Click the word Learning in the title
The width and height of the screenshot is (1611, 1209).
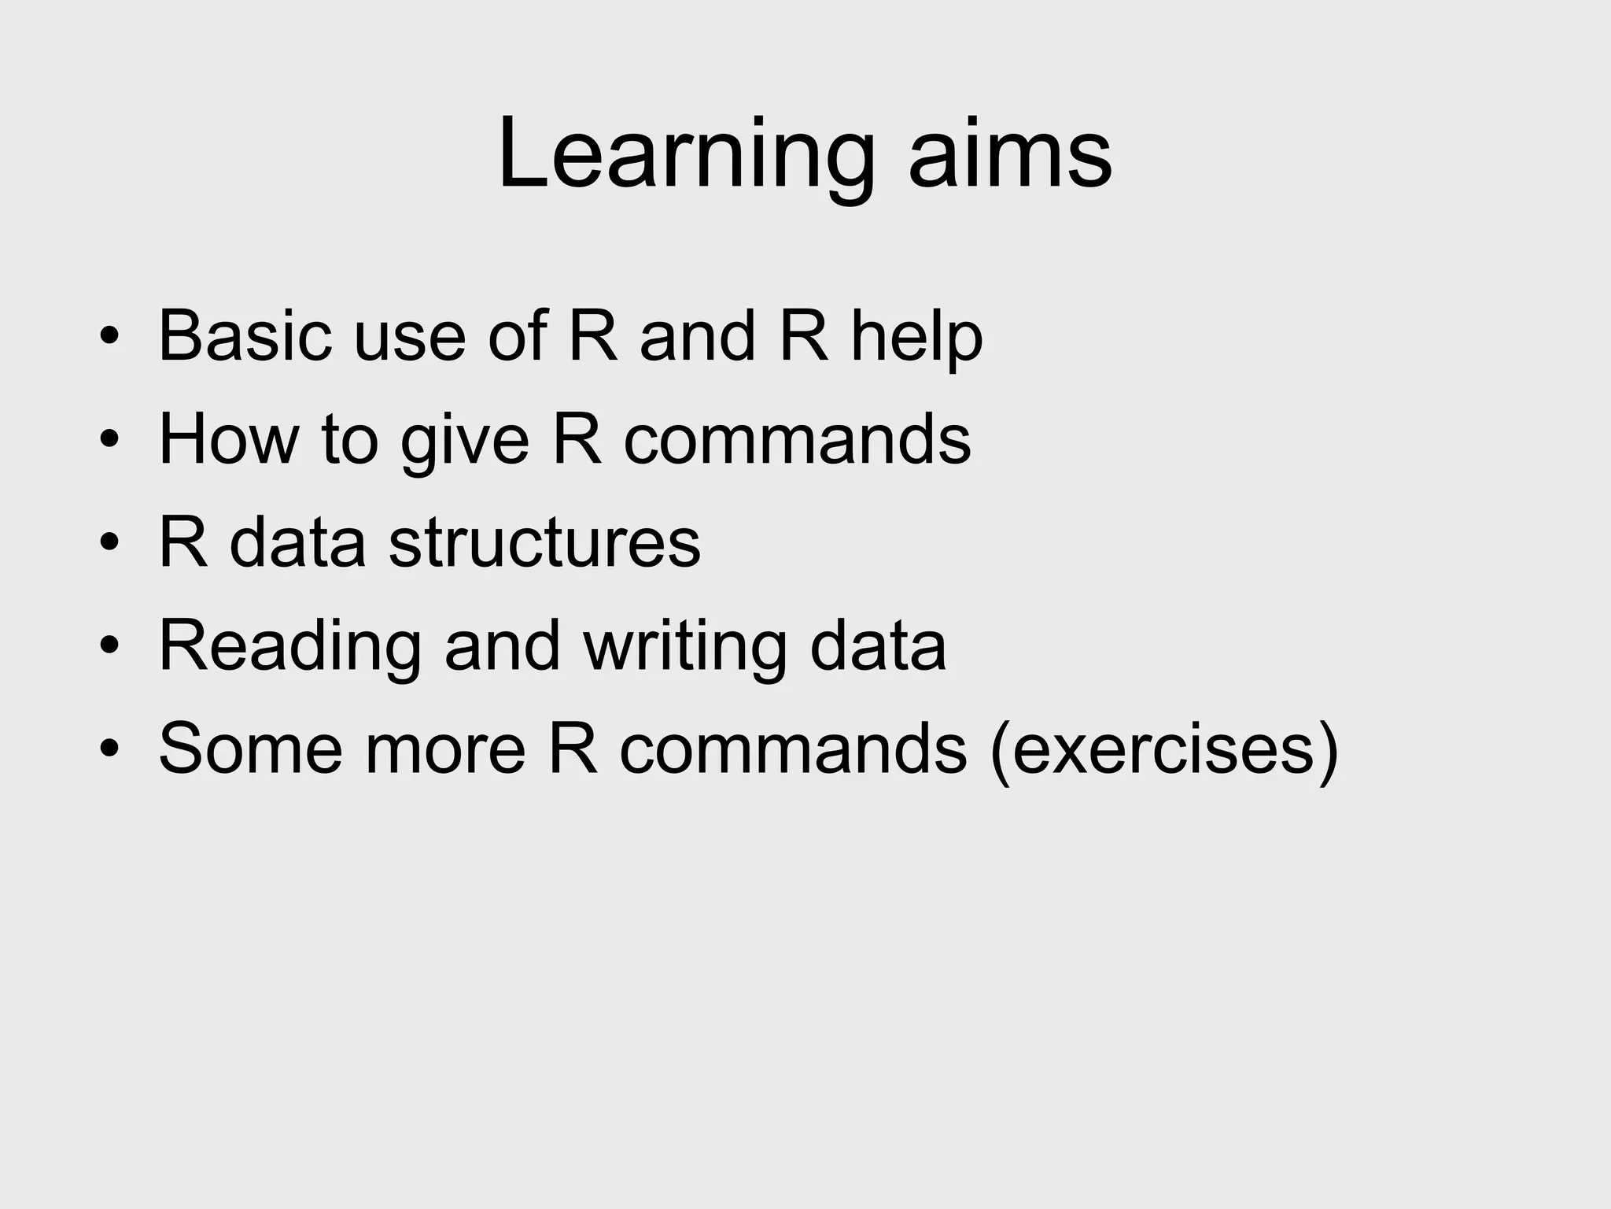click(x=685, y=154)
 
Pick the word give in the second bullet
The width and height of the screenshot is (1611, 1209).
click(x=465, y=441)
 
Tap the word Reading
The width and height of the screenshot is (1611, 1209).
click(x=290, y=646)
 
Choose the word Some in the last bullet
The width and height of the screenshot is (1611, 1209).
click(x=250, y=749)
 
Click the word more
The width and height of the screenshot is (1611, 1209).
click(x=444, y=749)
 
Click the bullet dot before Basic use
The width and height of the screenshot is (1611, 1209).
click(x=109, y=338)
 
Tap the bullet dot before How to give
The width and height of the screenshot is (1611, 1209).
click(x=109, y=441)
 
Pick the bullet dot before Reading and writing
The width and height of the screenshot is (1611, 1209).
click(x=109, y=646)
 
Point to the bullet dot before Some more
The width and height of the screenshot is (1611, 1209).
click(x=109, y=749)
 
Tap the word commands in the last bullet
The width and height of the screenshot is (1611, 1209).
click(x=792, y=749)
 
